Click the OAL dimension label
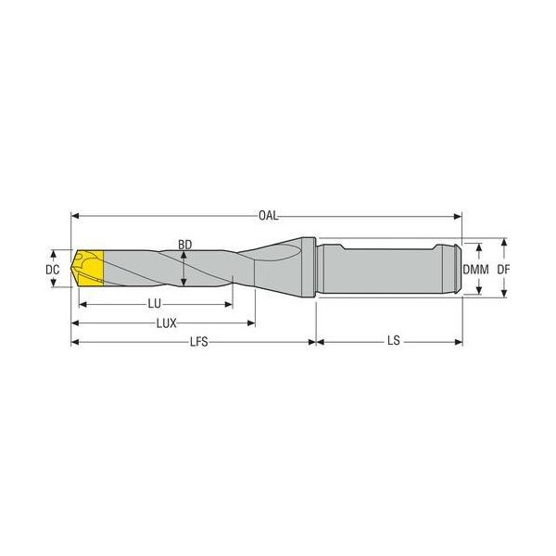pyautogui.click(x=269, y=216)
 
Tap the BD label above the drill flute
pyautogui.click(x=184, y=245)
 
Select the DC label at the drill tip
pyautogui.click(x=53, y=270)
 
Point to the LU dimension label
pyautogui.click(x=154, y=304)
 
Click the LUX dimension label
pyautogui.click(x=167, y=323)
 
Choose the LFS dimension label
pyautogui.click(x=199, y=342)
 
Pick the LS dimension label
pyautogui.click(x=394, y=341)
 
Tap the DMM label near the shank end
pyautogui.click(x=475, y=270)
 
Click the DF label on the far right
pyautogui.click(x=503, y=270)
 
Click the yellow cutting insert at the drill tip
pyautogui.click(x=90, y=268)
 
